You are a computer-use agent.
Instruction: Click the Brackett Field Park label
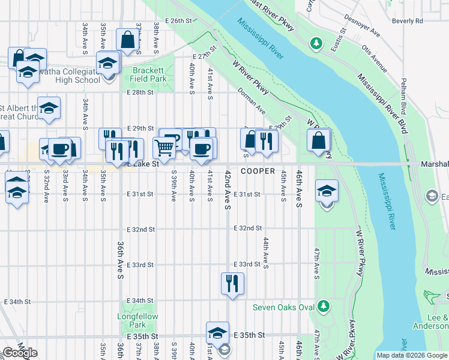[x=149, y=74]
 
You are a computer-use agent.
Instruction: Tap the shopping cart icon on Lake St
[x=164, y=146]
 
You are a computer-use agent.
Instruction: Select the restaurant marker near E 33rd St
[x=232, y=283]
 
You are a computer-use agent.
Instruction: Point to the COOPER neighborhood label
[x=258, y=171]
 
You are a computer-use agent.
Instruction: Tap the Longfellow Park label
[x=132, y=320]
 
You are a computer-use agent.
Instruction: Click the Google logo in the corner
[x=19, y=353]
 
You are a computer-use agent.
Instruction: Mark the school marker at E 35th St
[x=217, y=332]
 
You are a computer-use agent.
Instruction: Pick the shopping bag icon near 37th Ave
[x=128, y=40]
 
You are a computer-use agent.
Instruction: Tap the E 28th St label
[x=140, y=92]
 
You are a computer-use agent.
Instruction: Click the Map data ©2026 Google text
[x=412, y=355]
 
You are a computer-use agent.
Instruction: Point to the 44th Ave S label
[x=265, y=253]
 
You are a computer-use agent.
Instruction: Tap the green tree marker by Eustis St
[x=315, y=43]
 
